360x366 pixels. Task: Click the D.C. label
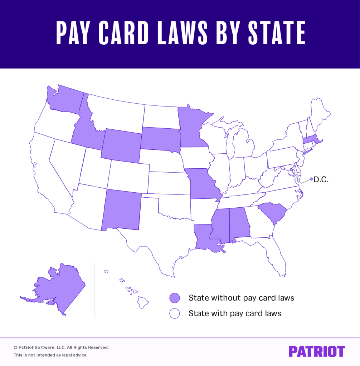[x=321, y=180]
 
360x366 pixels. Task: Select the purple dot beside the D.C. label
[x=311, y=179]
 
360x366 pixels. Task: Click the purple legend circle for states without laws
[x=175, y=298]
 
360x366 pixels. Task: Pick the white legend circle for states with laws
[x=175, y=313]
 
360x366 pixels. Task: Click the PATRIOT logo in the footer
[x=317, y=351]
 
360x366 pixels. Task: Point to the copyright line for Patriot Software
[x=61, y=347]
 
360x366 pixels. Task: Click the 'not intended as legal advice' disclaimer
[x=50, y=355]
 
